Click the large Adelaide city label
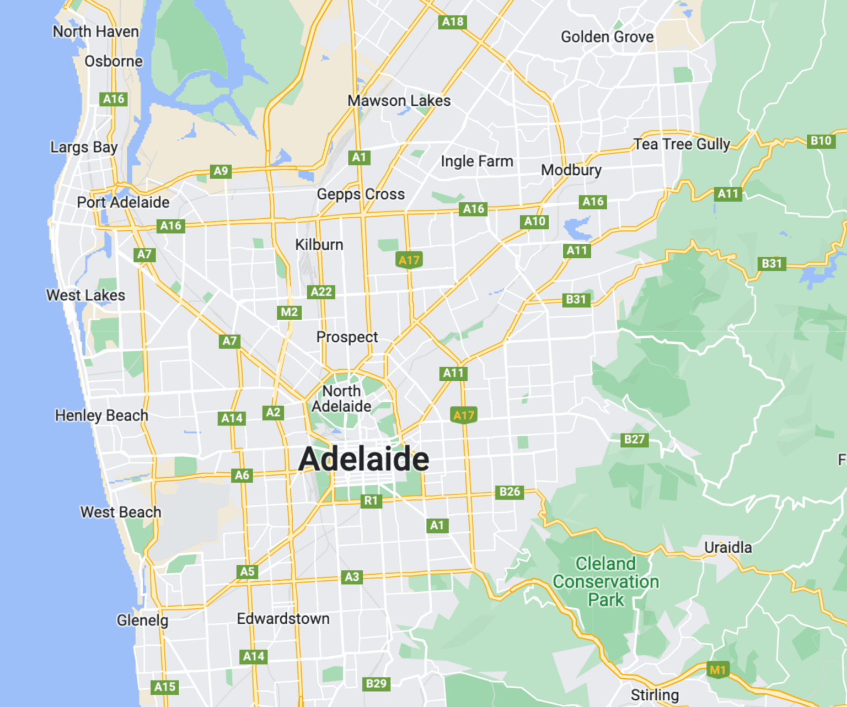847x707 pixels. [363, 459]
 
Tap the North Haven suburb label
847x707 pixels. [95, 32]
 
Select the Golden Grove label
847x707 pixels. [607, 37]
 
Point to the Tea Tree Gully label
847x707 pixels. [682, 144]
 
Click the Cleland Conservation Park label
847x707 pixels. [605, 581]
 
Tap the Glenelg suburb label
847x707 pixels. [142, 620]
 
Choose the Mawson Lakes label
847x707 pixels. [399, 101]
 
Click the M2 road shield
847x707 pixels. [289, 312]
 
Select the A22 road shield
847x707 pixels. [321, 292]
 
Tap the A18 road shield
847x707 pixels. [453, 22]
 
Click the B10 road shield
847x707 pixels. [821, 141]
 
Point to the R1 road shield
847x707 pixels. [371, 500]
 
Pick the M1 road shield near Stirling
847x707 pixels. [717, 670]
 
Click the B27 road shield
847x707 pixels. [634, 439]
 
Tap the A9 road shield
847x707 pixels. [221, 171]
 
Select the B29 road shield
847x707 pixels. [376, 683]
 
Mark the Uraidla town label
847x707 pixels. [728, 547]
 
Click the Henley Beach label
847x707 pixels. [101, 415]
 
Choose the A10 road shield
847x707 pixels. [534, 222]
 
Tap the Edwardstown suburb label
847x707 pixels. [283, 619]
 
